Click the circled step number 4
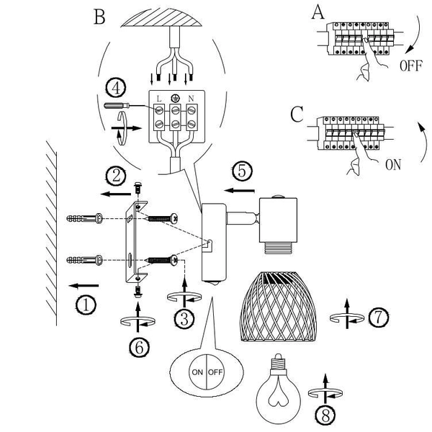pyautogui.click(x=116, y=89)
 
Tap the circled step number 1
pyautogui.click(x=86, y=305)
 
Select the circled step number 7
pyautogui.click(x=379, y=318)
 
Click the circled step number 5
pyautogui.click(x=242, y=171)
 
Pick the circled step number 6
pyautogui.click(x=140, y=348)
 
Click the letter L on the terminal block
pyautogui.click(x=159, y=99)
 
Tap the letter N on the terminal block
pyautogui.click(x=191, y=99)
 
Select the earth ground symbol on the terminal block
pyautogui.click(x=175, y=98)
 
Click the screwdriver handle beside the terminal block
pyautogui.click(x=116, y=105)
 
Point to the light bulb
pyautogui.click(x=278, y=389)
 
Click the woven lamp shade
pyautogui.click(x=278, y=307)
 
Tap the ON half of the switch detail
pyautogui.click(x=197, y=372)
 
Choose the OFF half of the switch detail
pyautogui.click(x=215, y=372)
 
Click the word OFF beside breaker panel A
pyautogui.click(x=410, y=66)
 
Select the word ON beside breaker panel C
pyautogui.click(x=393, y=165)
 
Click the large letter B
pyautogui.click(x=99, y=17)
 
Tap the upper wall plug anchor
pyautogui.click(x=84, y=219)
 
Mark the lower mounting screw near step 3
pyautogui.click(x=163, y=260)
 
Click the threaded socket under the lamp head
pyautogui.click(x=277, y=248)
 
